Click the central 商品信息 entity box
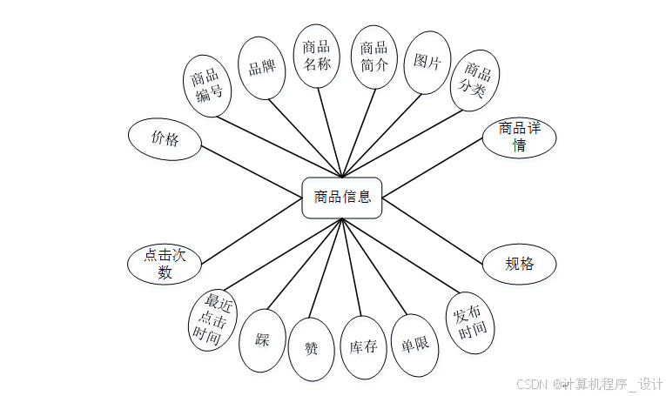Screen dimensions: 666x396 (x=341, y=198)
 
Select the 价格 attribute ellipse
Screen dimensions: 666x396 (x=165, y=138)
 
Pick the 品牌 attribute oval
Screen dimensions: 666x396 (x=262, y=68)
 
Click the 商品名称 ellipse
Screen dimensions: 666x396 (x=316, y=56)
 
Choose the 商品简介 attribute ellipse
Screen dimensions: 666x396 (x=373, y=57)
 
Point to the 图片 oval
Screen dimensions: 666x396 (x=427, y=63)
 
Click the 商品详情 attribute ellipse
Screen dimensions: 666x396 (x=519, y=138)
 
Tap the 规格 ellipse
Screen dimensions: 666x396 (x=519, y=264)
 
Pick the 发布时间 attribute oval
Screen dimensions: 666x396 (x=470, y=323)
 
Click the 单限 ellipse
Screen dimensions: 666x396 (x=415, y=345)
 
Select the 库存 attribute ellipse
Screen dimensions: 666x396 (x=362, y=347)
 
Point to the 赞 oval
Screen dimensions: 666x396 (x=311, y=349)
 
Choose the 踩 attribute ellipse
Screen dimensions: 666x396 (x=262, y=340)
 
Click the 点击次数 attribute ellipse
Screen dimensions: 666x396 (x=165, y=264)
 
